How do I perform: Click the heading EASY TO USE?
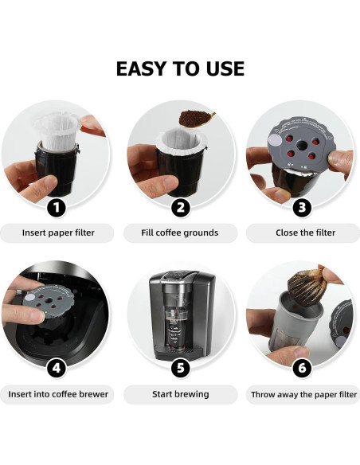(180, 68)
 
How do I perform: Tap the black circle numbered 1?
(56, 209)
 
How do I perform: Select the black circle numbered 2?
(181, 209)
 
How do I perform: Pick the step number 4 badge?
(56, 369)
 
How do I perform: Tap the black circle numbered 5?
(181, 369)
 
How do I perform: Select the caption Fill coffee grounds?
(180, 233)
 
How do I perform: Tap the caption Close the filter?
(303, 233)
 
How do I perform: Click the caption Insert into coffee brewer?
(57, 394)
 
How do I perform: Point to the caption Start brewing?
(180, 394)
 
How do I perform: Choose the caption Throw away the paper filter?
(303, 394)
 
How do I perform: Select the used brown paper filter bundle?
(306, 288)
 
